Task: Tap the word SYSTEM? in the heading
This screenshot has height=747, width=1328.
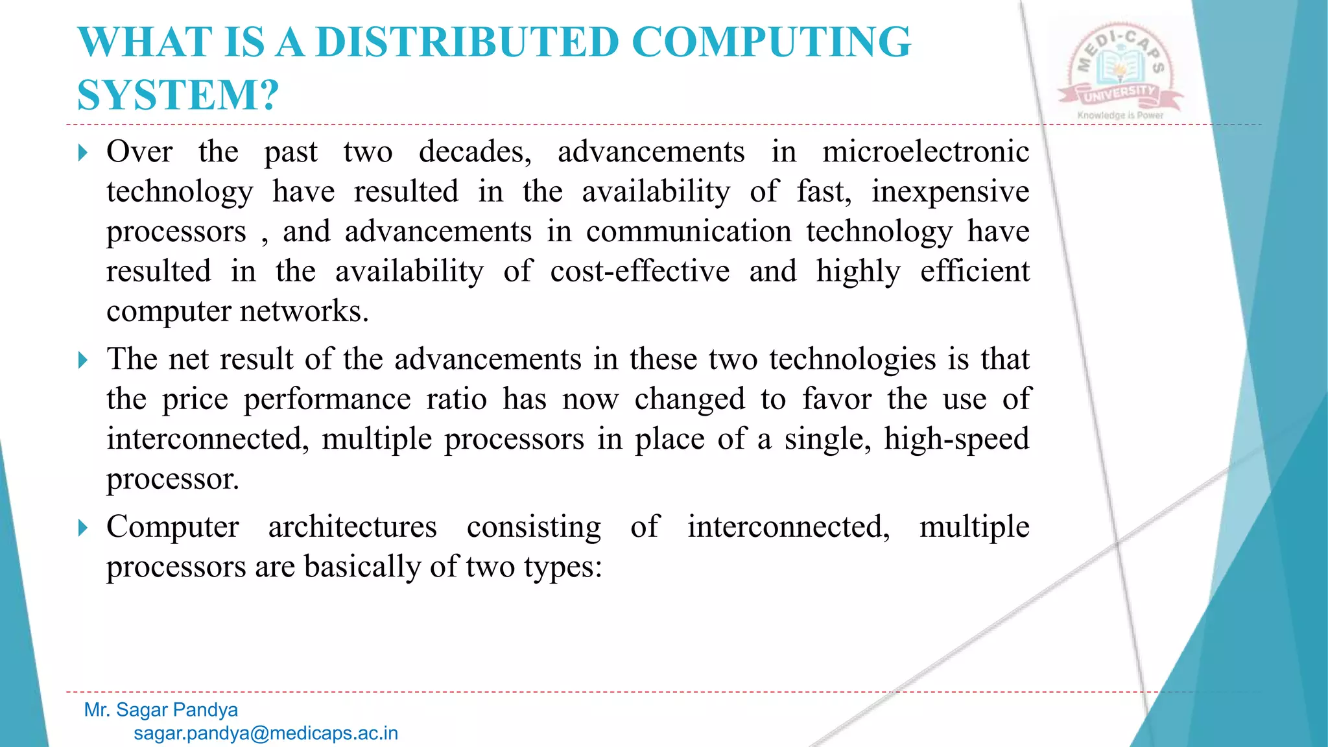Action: [x=178, y=95]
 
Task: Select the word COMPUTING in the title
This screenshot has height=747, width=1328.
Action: [x=771, y=42]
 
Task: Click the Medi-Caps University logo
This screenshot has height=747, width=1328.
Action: [x=1120, y=70]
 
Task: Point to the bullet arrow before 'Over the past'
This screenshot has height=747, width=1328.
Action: [x=82, y=153]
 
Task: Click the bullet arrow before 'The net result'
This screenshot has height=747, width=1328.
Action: [x=82, y=360]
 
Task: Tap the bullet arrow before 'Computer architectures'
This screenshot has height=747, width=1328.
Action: [x=82, y=528]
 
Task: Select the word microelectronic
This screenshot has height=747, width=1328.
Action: [x=925, y=152]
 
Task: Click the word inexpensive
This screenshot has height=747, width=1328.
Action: [x=950, y=192]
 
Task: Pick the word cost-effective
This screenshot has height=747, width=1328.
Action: [x=639, y=272]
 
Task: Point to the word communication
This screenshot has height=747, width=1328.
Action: [x=689, y=231]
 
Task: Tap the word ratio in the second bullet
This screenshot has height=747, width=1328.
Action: [x=456, y=399]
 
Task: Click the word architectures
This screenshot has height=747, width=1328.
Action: [x=352, y=527]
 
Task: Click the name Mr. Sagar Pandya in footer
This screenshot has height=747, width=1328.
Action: [x=161, y=710]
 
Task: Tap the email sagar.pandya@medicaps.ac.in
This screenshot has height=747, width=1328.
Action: [x=266, y=733]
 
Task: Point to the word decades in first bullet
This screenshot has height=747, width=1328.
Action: [x=475, y=152]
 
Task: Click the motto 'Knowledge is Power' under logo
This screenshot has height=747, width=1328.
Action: [x=1120, y=115]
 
